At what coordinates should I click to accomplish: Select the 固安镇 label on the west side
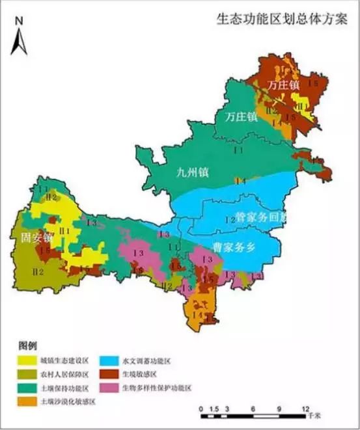[x=27, y=239]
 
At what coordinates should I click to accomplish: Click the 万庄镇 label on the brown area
[x=283, y=85]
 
